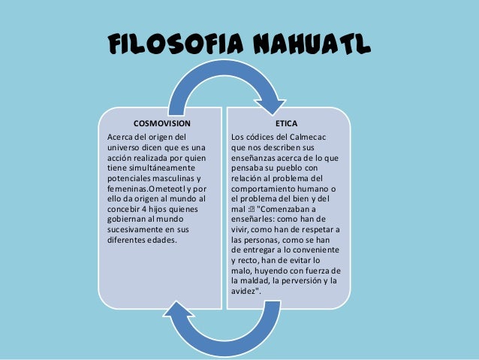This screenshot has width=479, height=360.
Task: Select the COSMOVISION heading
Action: (x=161, y=121)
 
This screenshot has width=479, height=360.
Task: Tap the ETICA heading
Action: (x=286, y=121)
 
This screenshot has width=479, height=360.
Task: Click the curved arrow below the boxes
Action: (x=225, y=331)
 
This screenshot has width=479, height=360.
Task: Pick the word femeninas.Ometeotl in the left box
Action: (x=148, y=188)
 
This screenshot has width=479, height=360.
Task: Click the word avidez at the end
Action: (x=245, y=291)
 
